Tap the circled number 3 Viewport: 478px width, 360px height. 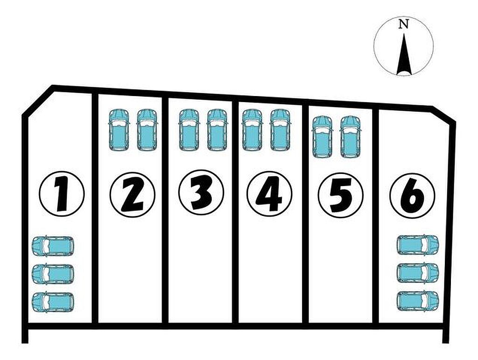(201, 192)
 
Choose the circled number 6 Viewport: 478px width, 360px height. (412, 195)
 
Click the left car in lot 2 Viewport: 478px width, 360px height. (119, 130)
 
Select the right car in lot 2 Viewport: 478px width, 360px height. (147, 130)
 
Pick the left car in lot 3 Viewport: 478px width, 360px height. (189, 130)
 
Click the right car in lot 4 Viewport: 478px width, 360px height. (280, 130)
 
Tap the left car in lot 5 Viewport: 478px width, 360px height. (322, 137)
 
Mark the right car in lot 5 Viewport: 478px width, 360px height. (350, 137)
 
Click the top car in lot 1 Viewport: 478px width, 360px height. (53, 246)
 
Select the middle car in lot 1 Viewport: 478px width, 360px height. (53, 274)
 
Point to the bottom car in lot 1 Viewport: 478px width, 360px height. (53, 302)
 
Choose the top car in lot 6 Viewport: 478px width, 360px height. (418, 245)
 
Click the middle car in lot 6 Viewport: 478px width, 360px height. (418, 273)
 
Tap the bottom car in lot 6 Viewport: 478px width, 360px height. (418, 301)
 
